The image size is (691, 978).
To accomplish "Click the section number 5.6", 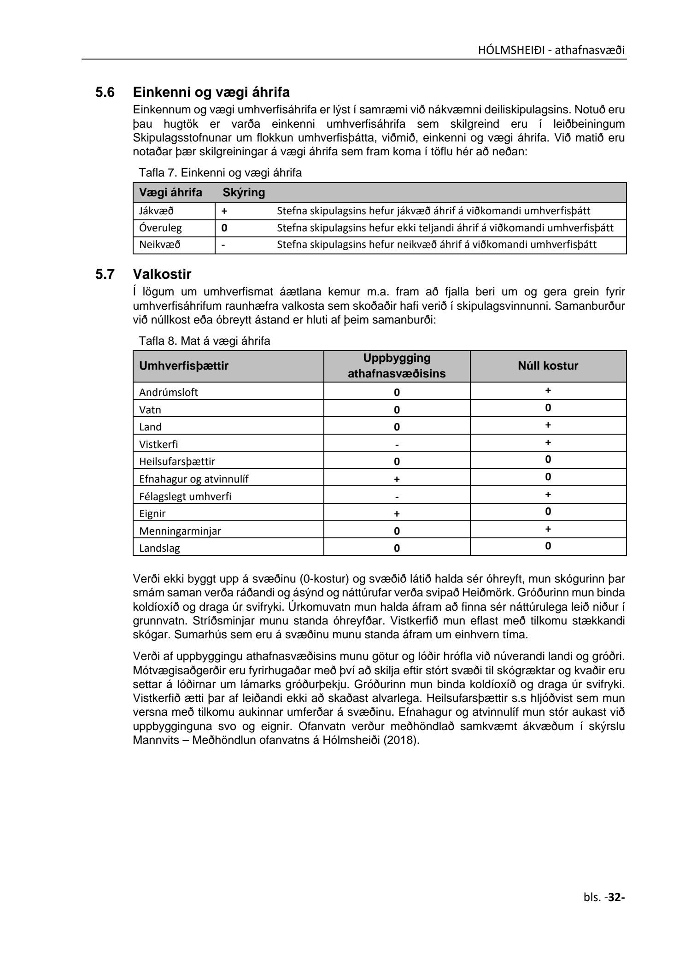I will point(105,93).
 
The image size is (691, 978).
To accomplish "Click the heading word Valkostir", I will point(162,274).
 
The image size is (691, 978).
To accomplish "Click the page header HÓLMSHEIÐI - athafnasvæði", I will point(551,50).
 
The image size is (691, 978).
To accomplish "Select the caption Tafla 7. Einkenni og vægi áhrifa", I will point(220,173).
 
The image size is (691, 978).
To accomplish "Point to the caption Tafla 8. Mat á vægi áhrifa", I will point(205,341).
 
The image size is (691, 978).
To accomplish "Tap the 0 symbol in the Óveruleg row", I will point(225,228).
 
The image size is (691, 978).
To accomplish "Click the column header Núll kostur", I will point(548,366).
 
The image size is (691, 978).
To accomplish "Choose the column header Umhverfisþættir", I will point(184,366).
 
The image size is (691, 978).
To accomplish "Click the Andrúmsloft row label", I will point(169,392).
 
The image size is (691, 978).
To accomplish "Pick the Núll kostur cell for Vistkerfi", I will point(548,442).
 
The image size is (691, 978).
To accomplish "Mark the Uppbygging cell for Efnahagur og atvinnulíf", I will point(397,479).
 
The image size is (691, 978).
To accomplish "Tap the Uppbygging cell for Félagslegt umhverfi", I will point(397,497).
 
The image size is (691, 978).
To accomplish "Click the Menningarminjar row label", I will point(180,530).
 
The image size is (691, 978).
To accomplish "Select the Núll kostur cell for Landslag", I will point(548,546).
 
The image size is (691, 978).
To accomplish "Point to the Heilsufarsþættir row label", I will point(177,461).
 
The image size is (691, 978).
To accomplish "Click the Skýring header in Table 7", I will point(244,193).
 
